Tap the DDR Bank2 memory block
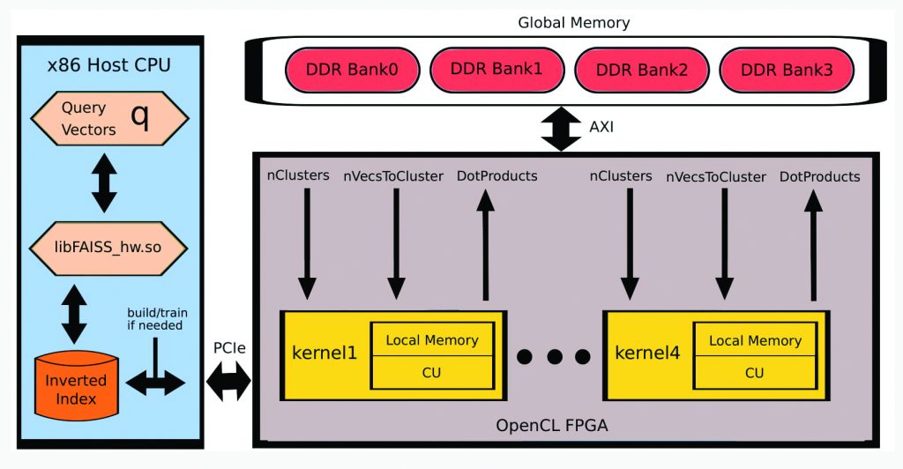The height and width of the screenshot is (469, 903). (x=641, y=70)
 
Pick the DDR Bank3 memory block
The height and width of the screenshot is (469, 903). (x=787, y=70)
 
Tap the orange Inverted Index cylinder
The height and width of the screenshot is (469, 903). (x=76, y=387)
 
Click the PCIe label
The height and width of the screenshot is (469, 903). (x=228, y=349)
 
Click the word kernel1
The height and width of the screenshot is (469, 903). (x=325, y=354)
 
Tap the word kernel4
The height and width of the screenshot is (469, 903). (x=647, y=354)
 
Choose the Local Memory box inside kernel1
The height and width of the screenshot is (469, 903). (x=433, y=340)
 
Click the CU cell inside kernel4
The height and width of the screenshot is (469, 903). (x=755, y=372)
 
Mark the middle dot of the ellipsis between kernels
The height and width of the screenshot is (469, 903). (x=554, y=356)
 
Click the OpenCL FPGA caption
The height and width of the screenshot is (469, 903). (x=552, y=427)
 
